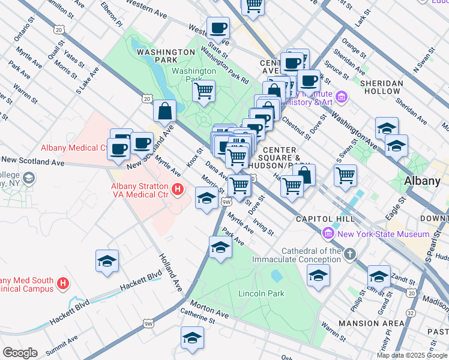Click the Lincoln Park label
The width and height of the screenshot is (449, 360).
tap(261, 293)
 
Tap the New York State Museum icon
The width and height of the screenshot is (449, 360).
tap(328, 233)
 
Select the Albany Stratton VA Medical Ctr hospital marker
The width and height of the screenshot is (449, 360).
tap(177, 190)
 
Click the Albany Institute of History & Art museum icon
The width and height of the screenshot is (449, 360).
tap(342, 96)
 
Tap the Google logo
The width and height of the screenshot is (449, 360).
tap(19, 353)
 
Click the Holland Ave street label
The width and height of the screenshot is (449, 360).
tap(170, 272)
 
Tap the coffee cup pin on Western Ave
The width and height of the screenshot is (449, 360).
tap(218, 28)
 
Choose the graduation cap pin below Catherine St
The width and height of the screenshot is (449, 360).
tap(192, 338)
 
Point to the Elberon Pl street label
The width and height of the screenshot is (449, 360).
tap(112, 13)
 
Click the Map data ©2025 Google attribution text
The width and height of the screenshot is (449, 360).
tap(412, 355)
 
